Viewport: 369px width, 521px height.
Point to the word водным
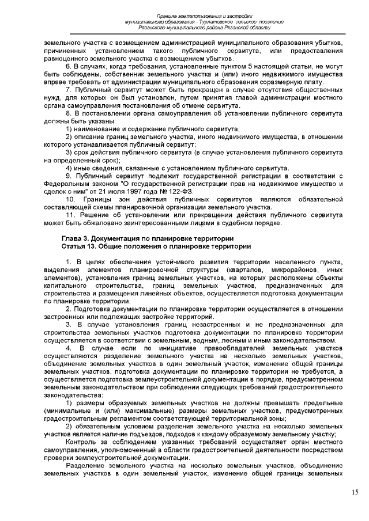[229, 339]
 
